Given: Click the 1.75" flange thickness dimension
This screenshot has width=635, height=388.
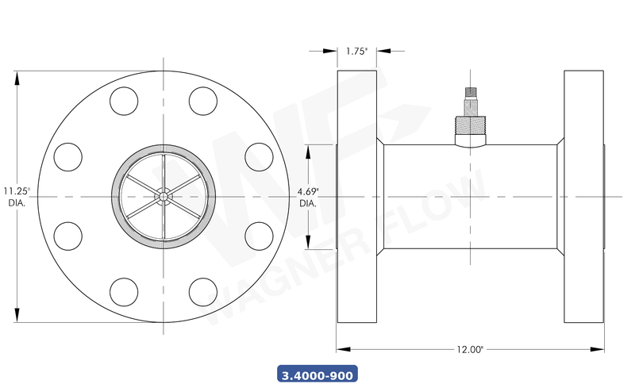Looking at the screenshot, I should click(356, 51).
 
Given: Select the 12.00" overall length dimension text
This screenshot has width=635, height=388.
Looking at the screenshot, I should click(470, 349).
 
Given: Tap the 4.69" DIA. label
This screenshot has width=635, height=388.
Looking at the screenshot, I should click(308, 197).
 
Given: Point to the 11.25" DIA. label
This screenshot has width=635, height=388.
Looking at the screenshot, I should click(16, 196).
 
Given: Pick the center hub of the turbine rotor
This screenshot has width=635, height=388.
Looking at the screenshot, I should click(164, 196).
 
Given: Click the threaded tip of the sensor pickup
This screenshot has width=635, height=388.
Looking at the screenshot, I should click(470, 94).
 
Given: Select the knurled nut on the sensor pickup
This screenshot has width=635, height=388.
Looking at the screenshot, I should click(470, 125).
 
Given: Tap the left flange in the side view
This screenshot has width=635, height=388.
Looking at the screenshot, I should click(356, 196).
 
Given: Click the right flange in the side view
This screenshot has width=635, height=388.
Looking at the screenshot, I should click(584, 196).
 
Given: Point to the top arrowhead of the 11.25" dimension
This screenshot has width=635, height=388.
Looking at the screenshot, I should click(17, 75).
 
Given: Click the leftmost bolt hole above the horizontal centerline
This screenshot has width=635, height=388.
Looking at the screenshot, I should click(68, 156).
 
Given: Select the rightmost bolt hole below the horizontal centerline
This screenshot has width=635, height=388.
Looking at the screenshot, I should click(259, 236).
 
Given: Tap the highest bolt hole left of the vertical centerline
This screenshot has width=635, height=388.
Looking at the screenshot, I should click(124, 100).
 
